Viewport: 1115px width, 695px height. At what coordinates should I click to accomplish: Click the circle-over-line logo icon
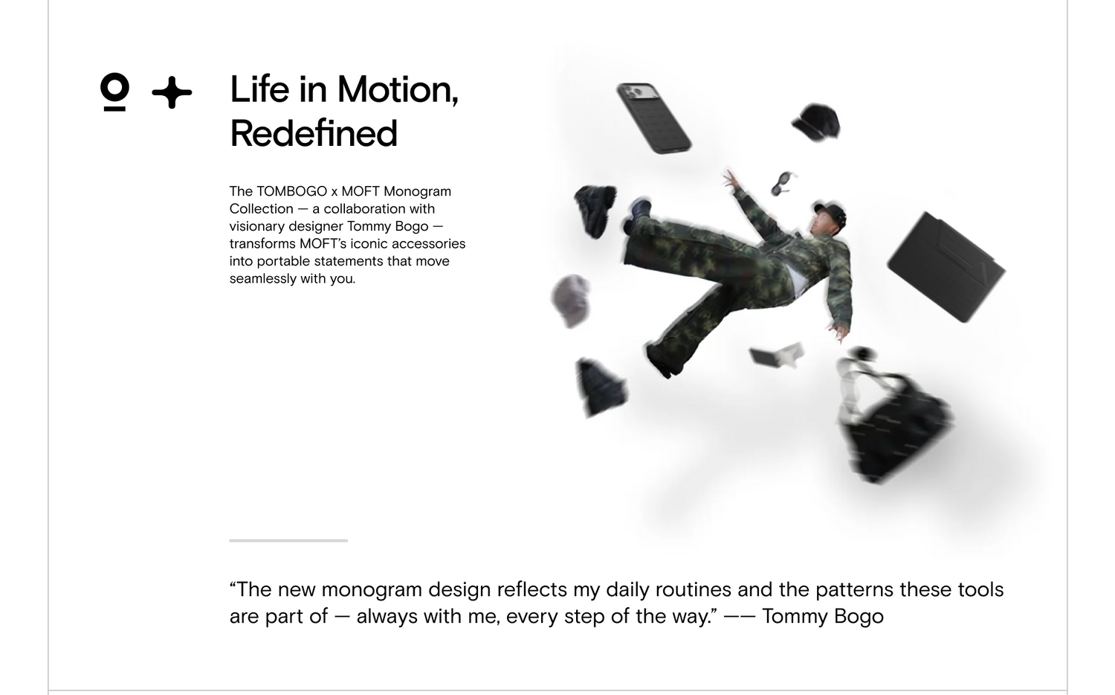click(x=114, y=92)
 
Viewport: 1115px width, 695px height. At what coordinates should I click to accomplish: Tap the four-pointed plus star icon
click(x=172, y=92)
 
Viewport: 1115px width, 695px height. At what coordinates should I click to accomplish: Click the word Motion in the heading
click(x=397, y=90)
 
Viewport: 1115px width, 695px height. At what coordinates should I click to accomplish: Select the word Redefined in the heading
click(x=314, y=133)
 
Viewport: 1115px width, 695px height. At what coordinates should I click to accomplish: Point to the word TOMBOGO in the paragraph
click(x=291, y=191)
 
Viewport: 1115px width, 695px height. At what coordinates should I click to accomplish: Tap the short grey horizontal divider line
click(x=288, y=540)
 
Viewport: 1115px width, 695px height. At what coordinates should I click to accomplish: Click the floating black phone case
click(x=653, y=118)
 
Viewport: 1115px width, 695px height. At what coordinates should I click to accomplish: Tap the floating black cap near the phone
click(x=816, y=123)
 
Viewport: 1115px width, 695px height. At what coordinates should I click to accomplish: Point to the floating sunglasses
click(x=783, y=183)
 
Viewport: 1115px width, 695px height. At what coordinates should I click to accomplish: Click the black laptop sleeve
click(x=946, y=267)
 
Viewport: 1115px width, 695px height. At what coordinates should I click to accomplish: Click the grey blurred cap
click(x=571, y=301)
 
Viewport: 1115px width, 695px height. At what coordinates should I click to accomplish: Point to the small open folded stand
click(x=777, y=354)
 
